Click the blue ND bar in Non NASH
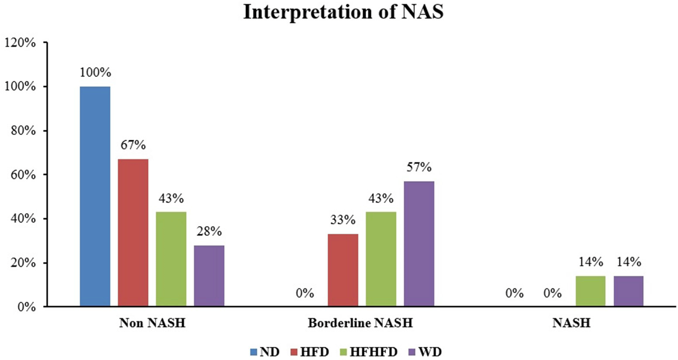click(x=95, y=196)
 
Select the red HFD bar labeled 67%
click(x=133, y=232)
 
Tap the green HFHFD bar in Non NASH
click(x=171, y=259)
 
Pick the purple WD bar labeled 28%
click(x=209, y=276)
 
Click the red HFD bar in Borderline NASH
click(x=343, y=270)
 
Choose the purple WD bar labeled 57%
click(x=419, y=243)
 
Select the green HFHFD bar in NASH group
click(x=591, y=291)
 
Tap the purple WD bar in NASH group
click(x=629, y=291)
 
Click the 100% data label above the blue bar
click(x=95, y=73)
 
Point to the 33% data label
click(x=343, y=220)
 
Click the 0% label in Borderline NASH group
click(x=304, y=293)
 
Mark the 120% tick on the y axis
click(x=20, y=43)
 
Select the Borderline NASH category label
click(x=360, y=323)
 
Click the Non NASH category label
click(x=152, y=323)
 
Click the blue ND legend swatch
click(x=254, y=352)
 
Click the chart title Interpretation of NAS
click(x=343, y=12)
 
